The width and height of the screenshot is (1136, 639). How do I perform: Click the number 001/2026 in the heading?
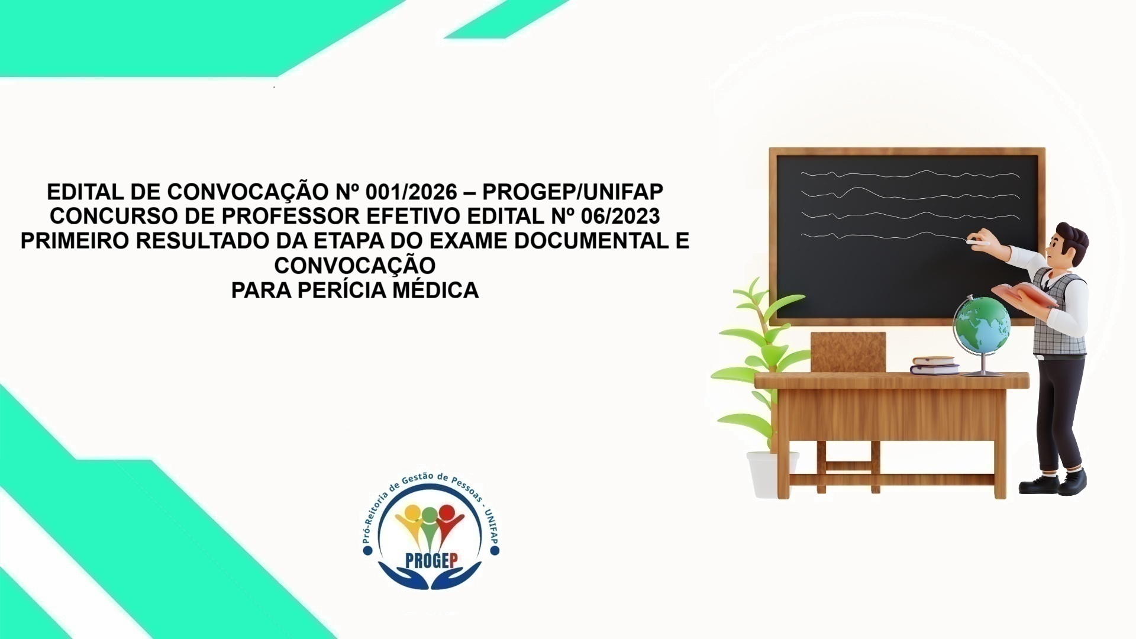(412, 192)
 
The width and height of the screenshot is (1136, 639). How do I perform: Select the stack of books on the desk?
(934, 365)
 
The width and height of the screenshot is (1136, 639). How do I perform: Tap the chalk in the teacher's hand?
(976, 241)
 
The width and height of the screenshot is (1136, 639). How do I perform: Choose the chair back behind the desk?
(848, 351)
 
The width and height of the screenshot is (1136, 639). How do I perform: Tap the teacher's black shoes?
(1053, 482)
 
